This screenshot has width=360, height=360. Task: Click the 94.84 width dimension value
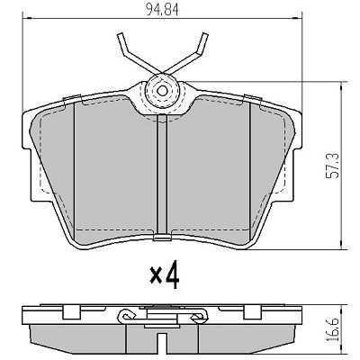[x=162, y=11]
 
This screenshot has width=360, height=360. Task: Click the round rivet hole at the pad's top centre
[x=162, y=88]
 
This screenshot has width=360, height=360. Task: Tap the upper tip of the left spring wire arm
[x=119, y=36]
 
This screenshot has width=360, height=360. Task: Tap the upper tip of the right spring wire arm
[x=206, y=36]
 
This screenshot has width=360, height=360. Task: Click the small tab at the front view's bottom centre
[x=162, y=238]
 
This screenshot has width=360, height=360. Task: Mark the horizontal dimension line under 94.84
[x=162, y=21]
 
